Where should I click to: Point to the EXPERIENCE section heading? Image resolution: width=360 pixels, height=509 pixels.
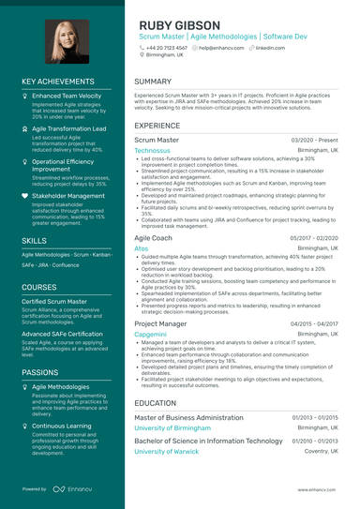pyautogui.click(x=157, y=125)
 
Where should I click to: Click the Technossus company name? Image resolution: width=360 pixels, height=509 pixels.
pyautogui.click(x=153, y=150)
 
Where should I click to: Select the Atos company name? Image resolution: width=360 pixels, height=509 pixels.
pyautogui.click(x=142, y=249)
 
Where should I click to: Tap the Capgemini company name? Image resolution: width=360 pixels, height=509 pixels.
pyautogui.click(x=151, y=334)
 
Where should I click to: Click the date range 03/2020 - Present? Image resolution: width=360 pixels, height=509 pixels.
pyautogui.click(x=315, y=140)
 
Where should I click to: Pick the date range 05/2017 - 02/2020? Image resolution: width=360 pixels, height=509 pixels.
pyautogui.click(x=314, y=239)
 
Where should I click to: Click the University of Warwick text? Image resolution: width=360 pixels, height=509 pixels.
pyautogui.click(x=167, y=451)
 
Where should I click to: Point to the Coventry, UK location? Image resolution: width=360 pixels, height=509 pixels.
pyautogui.click(x=320, y=451)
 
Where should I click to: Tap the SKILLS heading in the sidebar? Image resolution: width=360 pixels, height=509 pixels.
pyautogui.click(x=35, y=241)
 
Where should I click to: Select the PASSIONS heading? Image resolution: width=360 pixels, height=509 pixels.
pyautogui.click(x=40, y=372)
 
